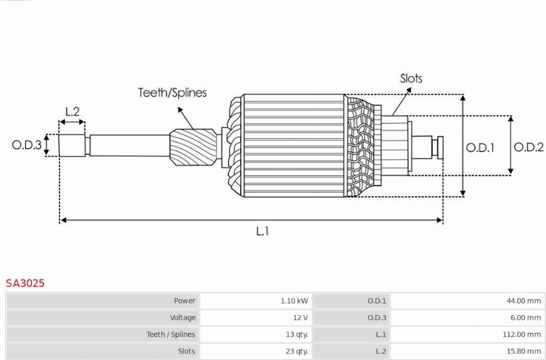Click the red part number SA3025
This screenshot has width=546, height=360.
click(x=25, y=283)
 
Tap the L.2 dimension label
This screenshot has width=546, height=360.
click(x=72, y=111)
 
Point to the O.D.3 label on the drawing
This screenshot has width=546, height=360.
click(x=27, y=145)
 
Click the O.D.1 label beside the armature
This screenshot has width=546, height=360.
click(x=480, y=147)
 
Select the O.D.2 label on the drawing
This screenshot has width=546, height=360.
click(x=529, y=147)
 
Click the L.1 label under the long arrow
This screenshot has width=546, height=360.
click(x=262, y=231)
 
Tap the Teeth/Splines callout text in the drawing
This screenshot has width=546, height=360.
click(x=173, y=92)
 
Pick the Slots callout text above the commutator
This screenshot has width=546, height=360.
click(x=411, y=79)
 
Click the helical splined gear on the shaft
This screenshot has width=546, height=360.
click(x=193, y=147)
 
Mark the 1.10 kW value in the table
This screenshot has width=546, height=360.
click(x=294, y=301)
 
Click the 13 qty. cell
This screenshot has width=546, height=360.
click(x=297, y=335)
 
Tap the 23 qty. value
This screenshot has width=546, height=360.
click(x=297, y=351)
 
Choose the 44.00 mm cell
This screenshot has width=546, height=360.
click(x=524, y=301)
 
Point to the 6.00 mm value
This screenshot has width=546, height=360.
click(x=526, y=318)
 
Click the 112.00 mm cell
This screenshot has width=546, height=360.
click(x=521, y=335)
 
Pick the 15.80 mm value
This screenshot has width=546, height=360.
click(x=524, y=351)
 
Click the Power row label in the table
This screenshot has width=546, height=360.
click(x=184, y=301)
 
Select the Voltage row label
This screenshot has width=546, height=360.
click(x=182, y=318)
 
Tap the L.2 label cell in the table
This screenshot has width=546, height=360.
click(x=381, y=351)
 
